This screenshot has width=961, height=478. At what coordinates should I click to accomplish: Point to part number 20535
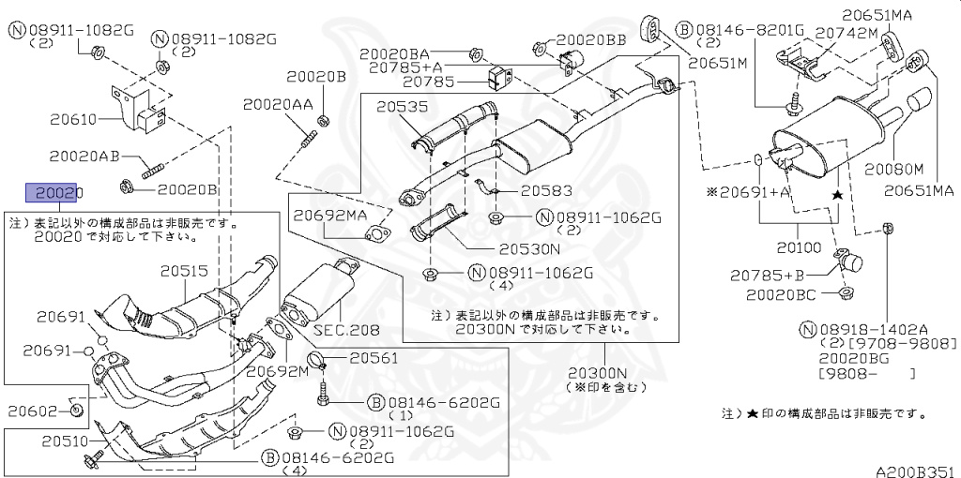click(404, 108)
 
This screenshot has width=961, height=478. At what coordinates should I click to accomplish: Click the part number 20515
click(184, 271)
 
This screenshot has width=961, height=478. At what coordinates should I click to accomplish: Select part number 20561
click(373, 357)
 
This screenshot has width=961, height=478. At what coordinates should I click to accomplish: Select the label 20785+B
click(767, 275)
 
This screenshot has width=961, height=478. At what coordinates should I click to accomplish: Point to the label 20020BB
click(592, 40)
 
